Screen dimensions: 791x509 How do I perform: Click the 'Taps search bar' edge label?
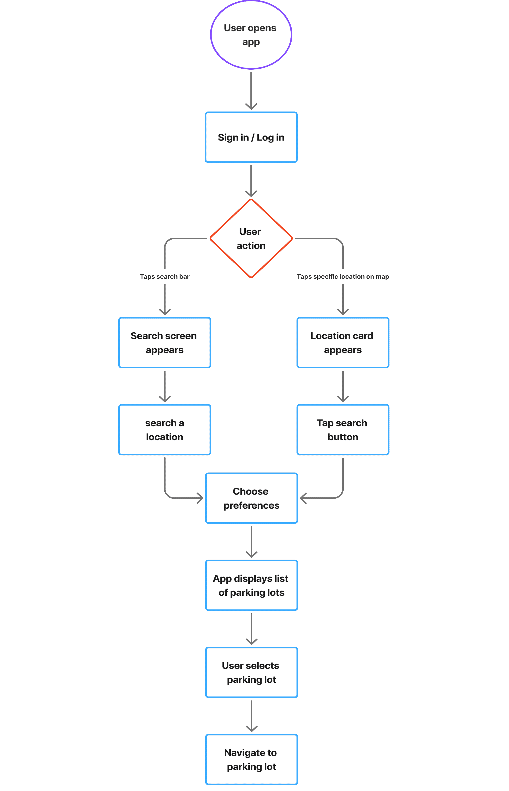(x=165, y=277)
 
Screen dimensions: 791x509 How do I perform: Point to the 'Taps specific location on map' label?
(x=343, y=277)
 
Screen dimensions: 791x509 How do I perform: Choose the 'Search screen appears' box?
(x=165, y=343)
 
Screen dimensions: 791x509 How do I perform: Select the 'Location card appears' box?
(x=343, y=343)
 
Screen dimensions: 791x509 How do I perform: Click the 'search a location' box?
(x=165, y=430)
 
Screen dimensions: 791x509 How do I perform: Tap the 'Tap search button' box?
(x=343, y=430)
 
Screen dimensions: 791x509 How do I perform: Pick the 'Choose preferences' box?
(x=251, y=498)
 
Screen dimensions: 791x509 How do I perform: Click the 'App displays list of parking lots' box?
(x=251, y=585)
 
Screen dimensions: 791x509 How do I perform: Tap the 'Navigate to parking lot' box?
(x=251, y=759)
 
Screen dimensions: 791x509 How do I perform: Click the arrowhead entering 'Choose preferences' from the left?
(x=200, y=498)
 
